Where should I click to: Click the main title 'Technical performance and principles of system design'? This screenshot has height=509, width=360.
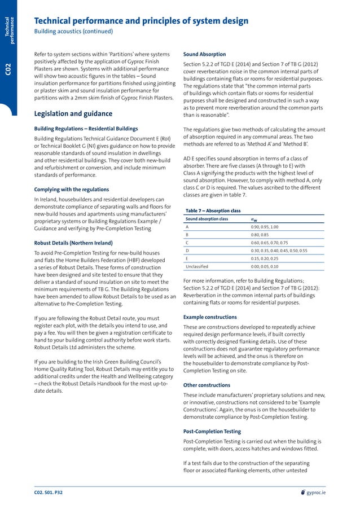[141, 21]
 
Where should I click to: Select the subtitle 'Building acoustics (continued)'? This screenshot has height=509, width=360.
[73, 31]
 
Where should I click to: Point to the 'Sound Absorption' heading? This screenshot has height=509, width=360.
[205, 54]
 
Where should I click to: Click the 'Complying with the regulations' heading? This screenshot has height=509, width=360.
[72, 189]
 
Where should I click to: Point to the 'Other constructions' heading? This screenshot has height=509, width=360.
[207, 385]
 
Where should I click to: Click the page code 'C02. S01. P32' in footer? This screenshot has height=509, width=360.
[49, 493]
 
